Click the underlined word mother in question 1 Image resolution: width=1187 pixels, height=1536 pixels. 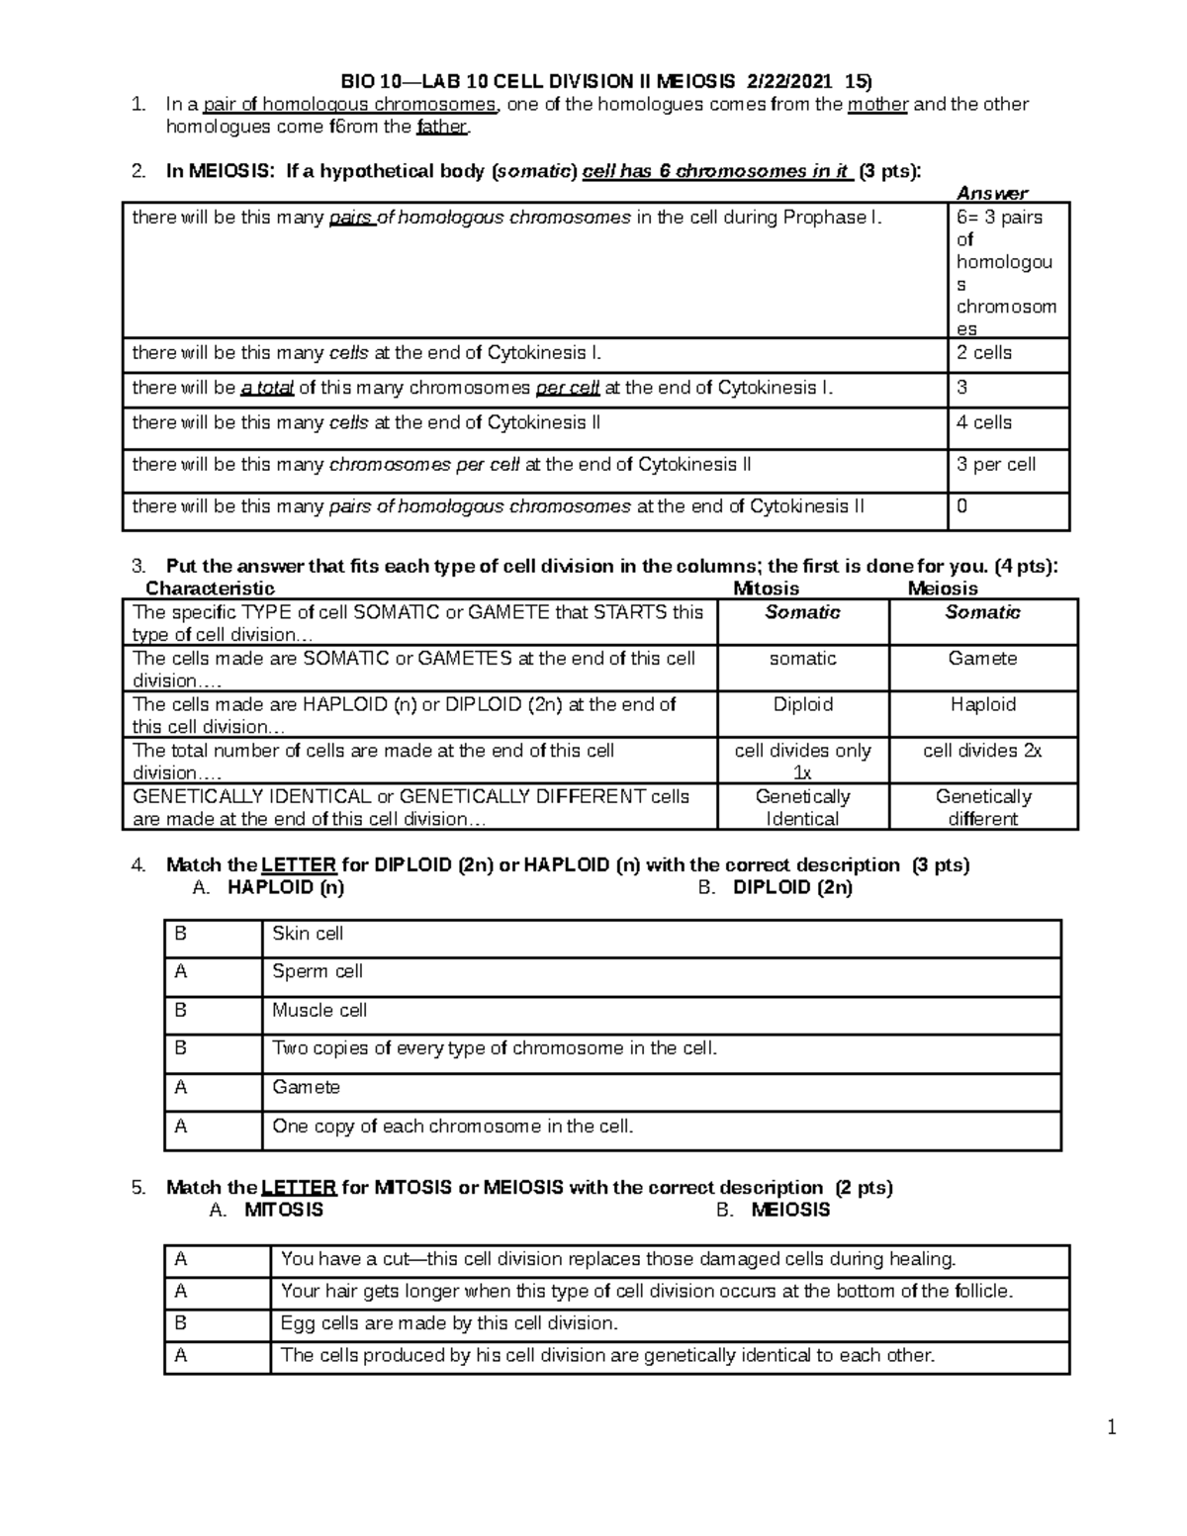(877, 105)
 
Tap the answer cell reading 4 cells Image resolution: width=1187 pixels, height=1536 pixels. (983, 422)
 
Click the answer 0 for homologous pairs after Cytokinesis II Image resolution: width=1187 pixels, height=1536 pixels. (962, 506)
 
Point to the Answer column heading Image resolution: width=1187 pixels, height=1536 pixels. (992, 193)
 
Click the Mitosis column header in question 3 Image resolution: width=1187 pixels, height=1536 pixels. (766, 588)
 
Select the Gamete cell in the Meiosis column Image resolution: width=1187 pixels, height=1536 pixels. (982, 659)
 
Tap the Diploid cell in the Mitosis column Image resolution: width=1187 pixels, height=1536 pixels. (802, 704)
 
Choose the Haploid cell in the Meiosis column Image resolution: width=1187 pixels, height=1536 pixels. (982, 704)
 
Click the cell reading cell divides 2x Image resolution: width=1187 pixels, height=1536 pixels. (982, 751)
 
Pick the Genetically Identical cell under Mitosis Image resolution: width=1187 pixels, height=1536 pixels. (802, 807)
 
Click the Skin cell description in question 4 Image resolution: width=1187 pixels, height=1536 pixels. (308, 934)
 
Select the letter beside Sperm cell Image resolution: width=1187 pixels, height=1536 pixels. (181, 971)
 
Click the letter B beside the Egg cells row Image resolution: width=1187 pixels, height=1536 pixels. (181, 1322)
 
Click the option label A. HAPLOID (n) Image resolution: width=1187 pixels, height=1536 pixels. (269, 887)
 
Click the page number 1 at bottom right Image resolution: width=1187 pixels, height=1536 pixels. (1113, 1426)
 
